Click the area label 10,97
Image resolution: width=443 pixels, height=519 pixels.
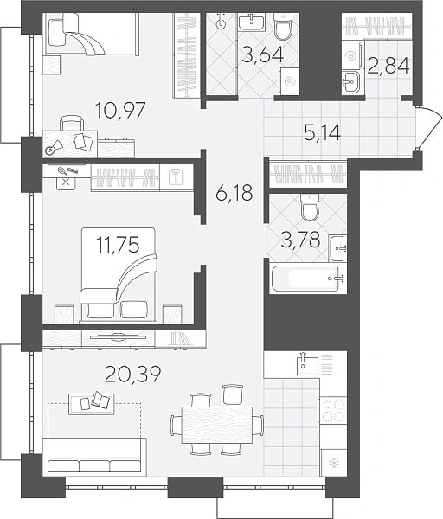(120, 111)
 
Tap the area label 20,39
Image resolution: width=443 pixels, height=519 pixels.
(132, 374)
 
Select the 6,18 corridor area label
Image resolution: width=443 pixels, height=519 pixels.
(234, 193)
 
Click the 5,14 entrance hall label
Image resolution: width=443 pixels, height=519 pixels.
(323, 133)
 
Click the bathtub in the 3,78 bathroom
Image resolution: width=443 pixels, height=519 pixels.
(305, 279)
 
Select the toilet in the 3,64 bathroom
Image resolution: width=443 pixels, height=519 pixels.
(283, 25)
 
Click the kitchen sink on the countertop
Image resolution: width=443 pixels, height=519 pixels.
(307, 364)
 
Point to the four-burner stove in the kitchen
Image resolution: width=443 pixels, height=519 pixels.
(332, 410)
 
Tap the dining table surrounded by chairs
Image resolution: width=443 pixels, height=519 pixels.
(217, 425)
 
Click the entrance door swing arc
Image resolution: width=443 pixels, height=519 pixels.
(433, 128)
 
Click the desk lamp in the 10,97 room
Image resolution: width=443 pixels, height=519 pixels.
(54, 148)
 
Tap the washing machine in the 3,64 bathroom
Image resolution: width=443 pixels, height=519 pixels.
(290, 80)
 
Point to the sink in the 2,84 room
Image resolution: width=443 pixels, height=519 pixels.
(350, 81)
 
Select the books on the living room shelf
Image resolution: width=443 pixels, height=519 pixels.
(180, 338)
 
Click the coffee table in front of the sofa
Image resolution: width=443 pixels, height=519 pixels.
(92, 404)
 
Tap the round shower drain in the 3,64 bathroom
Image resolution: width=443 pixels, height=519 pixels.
(221, 24)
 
